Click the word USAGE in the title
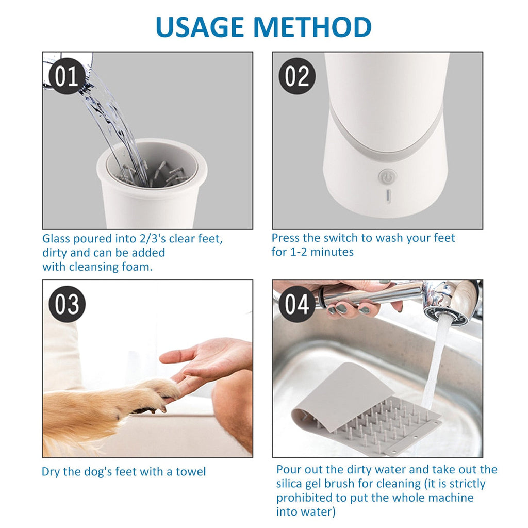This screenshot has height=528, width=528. pos(200,27)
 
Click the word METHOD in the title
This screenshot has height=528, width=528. pos(312,27)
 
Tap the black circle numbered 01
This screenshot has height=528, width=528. pos(67,76)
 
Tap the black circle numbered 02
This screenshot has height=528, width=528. pos(297,76)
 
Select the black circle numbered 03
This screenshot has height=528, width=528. pos(67,304)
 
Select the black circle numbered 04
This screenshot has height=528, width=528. pos(297,304)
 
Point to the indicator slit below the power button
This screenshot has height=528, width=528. pos(388,196)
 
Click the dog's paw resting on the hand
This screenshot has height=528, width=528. pos(158,394)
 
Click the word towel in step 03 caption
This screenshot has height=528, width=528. pos(191,471)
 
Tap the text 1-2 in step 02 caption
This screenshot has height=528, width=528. pos(299,252)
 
